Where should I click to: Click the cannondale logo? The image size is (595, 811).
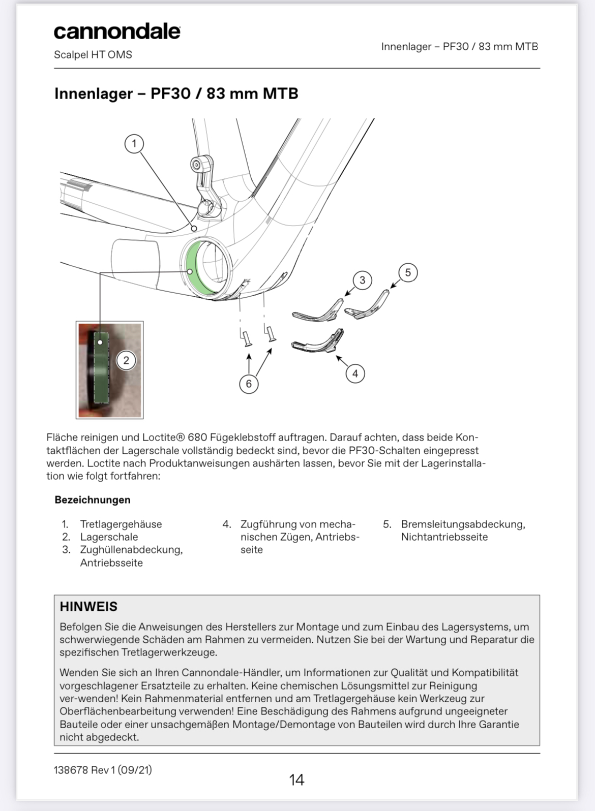pos(117,32)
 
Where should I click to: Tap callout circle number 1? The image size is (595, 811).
pos(134,144)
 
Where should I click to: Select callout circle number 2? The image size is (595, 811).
pos(126,361)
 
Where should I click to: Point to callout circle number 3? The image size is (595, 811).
pos(362,280)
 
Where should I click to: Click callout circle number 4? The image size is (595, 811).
pos(355,373)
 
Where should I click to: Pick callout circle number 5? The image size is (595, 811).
pos(408,272)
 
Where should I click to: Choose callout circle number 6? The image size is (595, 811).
pos(249,384)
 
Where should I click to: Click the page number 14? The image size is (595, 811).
pos(296,779)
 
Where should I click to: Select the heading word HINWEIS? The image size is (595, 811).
pos(88,607)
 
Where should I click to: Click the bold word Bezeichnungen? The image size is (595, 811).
pos(93,500)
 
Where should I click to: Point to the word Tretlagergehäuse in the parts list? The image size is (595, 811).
pos(121,524)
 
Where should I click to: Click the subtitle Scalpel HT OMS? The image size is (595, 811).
pos(93,55)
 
